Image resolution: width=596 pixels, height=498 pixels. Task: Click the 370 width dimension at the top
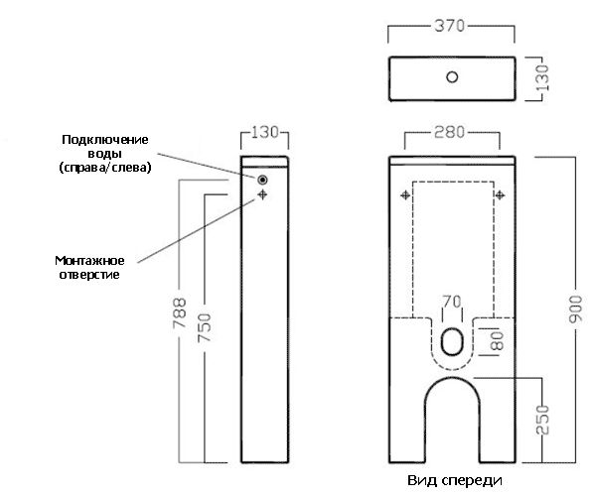click(450, 26)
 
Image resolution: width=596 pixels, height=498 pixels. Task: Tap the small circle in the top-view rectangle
click(452, 77)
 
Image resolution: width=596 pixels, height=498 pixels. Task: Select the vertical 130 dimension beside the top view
click(542, 77)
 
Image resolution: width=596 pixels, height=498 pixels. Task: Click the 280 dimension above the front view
click(450, 132)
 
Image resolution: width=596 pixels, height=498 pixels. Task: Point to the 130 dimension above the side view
click(265, 132)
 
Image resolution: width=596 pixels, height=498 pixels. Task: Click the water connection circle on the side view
click(262, 180)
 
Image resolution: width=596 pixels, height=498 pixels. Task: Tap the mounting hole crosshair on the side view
click(262, 194)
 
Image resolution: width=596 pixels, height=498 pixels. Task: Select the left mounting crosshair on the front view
click(405, 195)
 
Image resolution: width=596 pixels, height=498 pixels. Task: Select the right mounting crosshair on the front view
click(500, 195)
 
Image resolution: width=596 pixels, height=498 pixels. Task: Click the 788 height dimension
click(180, 312)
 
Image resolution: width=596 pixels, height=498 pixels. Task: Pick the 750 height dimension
click(204, 327)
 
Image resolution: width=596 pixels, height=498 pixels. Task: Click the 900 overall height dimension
click(575, 310)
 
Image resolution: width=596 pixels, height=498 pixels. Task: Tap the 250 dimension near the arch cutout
click(542, 420)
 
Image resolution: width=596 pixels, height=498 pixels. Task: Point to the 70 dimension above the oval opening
click(452, 302)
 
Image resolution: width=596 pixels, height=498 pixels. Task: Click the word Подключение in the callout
click(105, 140)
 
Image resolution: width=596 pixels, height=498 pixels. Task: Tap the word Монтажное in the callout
click(89, 261)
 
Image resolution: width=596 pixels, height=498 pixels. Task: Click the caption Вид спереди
click(455, 481)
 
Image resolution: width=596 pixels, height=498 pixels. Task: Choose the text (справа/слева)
click(105, 168)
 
